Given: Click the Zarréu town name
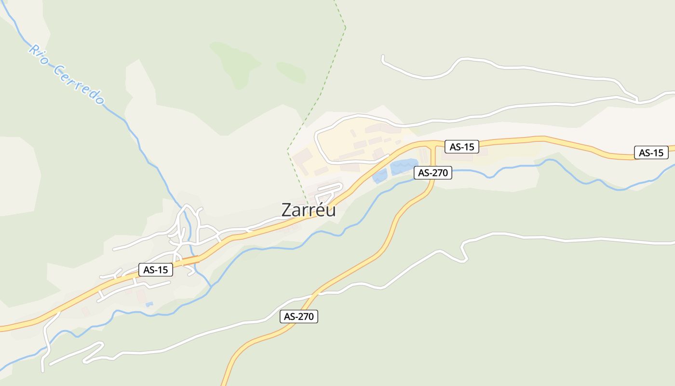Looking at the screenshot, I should [x=309, y=210].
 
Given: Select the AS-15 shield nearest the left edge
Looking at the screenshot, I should [x=156, y=270].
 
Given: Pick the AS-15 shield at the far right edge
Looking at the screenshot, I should [x=651, y=152].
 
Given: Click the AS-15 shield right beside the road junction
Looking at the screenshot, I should [x=461, y=147].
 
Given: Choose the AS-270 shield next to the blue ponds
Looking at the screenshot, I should [x=432, y=172].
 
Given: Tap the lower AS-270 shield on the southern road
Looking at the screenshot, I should [x=299, y=317].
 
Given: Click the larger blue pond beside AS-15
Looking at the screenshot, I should [x=403, y=166].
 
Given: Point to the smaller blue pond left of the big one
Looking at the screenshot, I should [x=379, y=176].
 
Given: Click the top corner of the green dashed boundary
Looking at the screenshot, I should [x=346, y=27].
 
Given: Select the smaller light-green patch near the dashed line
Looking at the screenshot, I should [x=292, y=72].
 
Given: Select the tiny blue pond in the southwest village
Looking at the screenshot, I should [x=149, y=304].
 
